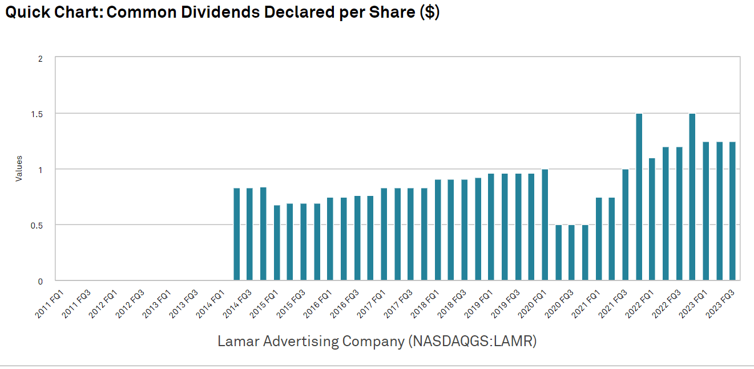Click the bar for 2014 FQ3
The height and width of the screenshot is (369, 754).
click(249, 234)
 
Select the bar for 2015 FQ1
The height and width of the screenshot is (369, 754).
click(276, 243)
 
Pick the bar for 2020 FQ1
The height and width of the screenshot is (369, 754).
click(544, 225)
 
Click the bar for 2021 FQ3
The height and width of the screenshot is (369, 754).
click(625, 225)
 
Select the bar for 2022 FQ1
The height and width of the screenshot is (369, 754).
click(652, 219)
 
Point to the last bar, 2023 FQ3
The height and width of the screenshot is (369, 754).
click(732, 211)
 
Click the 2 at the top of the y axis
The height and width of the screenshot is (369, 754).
click(40, 58)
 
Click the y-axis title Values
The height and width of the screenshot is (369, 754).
click(19, 169)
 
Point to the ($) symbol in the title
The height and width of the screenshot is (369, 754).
click(429, 13)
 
